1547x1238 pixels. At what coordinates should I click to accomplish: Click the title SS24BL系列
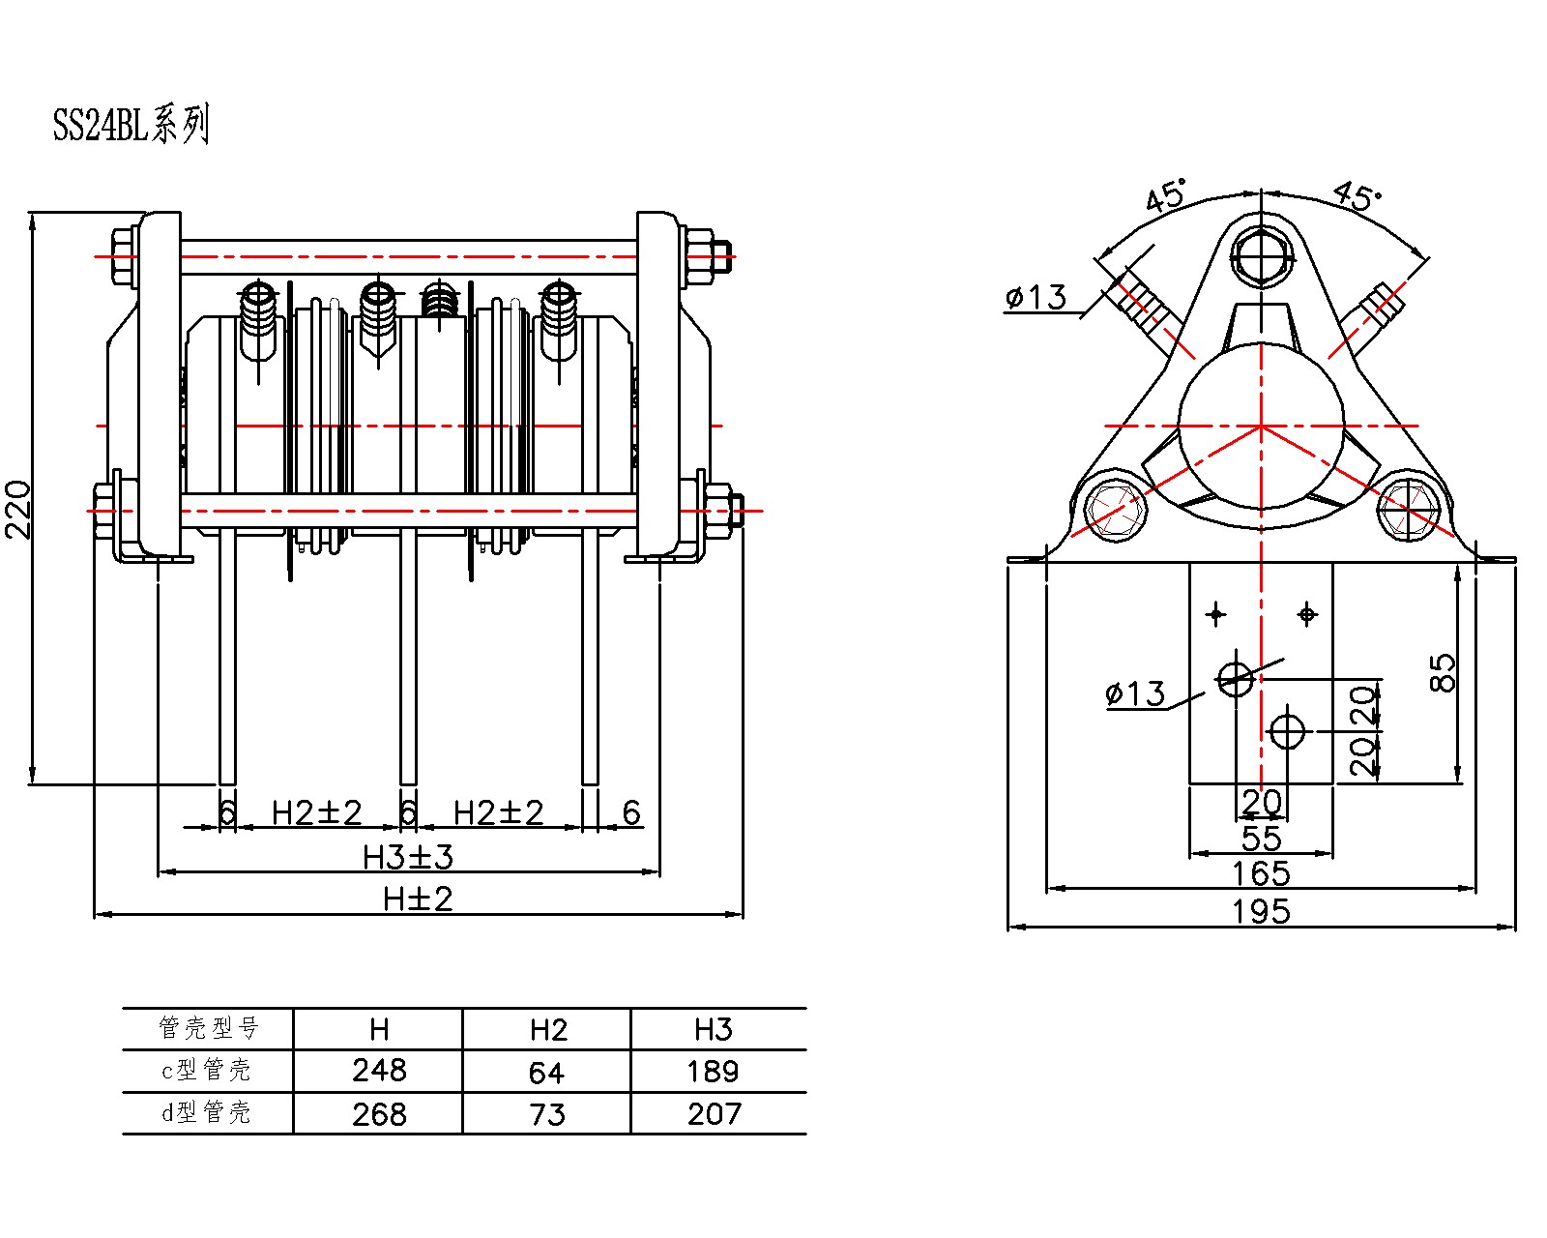coord(131,126)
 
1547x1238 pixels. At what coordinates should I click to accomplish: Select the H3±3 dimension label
coord(408,857)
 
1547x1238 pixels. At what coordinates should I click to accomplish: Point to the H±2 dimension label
coord(418,899)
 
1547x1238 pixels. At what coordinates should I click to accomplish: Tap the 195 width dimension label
coord(1261,911)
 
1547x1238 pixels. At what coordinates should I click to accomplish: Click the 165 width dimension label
coord(1261,874)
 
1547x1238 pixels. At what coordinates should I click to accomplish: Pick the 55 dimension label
coord(1261,839)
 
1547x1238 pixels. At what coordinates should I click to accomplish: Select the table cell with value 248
coord(379,1071)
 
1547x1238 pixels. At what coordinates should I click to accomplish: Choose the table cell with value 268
coord(379,1114)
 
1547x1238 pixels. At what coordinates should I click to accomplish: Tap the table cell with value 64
coord(546,1072)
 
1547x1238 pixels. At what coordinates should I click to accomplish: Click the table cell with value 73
coord(546,1114)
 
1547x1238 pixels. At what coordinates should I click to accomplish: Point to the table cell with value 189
coord(714,1072)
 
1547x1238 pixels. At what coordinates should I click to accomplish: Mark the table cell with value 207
coord(714,1114)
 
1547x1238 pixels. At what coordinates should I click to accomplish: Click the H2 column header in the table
coord(547,1030)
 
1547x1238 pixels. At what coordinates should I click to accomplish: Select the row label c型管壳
coord(206,1070)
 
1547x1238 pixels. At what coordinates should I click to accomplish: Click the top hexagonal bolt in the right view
coord(1261,256)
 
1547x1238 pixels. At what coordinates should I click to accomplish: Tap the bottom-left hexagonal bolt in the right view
coord(1116,508)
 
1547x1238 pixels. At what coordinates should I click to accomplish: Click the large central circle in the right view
coord(1261,426)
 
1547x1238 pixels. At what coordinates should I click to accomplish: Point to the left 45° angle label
coord(1165,196)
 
